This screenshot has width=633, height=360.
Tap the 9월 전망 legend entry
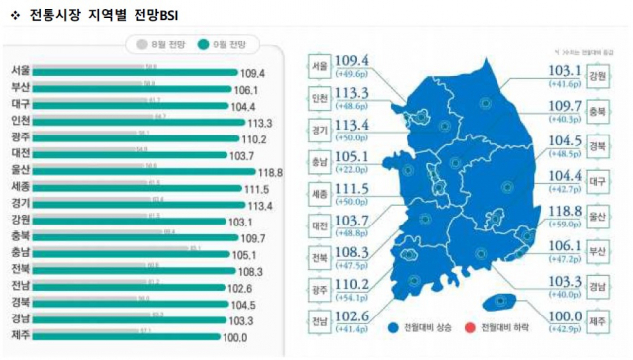pyautogui.click(x=223, y=44)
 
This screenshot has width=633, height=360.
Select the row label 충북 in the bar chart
pyautogui.click(x=20, y=237)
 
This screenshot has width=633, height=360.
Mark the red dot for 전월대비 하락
pyautogui.click(x=471, y=325)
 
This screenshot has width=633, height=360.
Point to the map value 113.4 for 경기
pyautogui.click(x=352, y=125)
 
